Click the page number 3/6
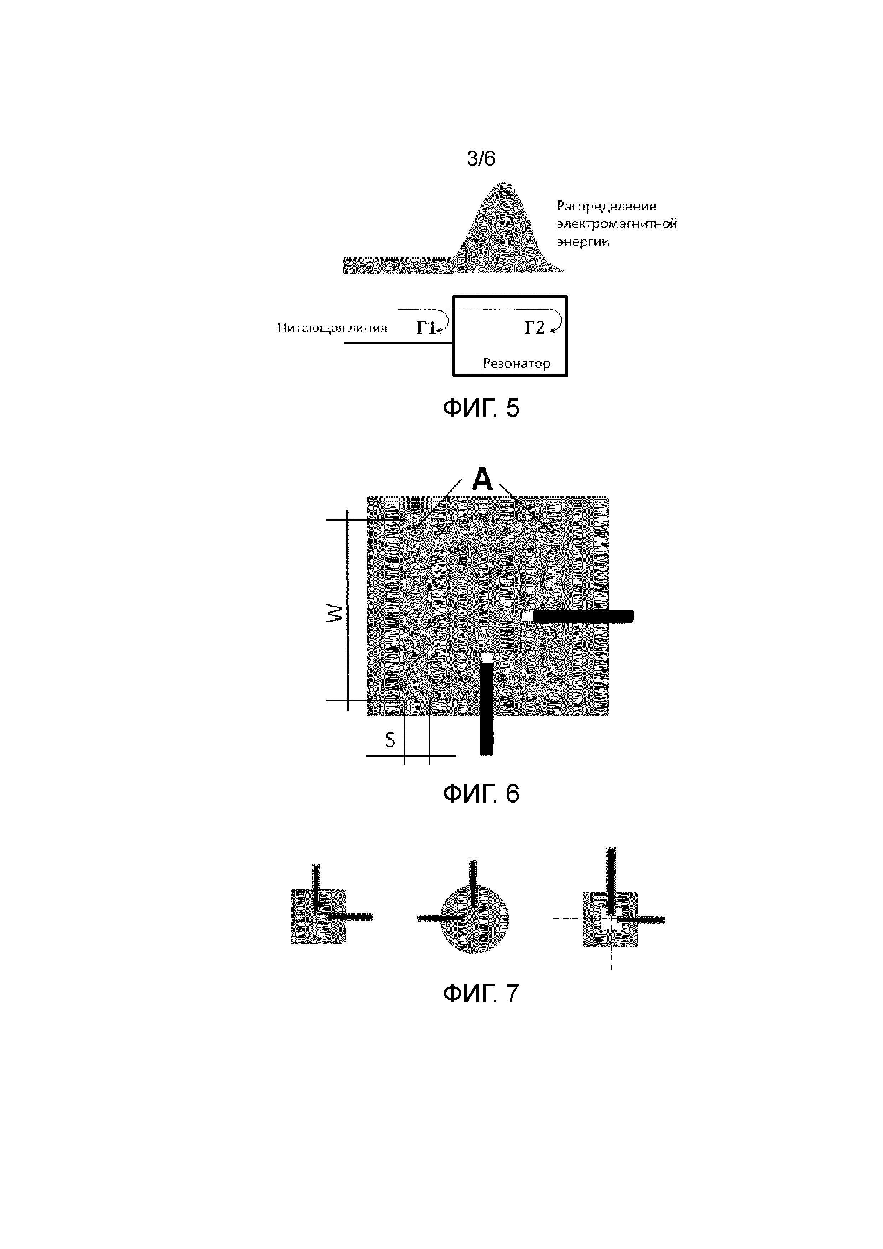coord(481,158)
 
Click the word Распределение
coord(606,206)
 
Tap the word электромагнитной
coord(616,224)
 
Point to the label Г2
coord(534,328)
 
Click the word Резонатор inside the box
coord(516,364)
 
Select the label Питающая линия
coord(333,328)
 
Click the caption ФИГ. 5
coord(481,408)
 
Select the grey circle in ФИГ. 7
coord(474,919)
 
